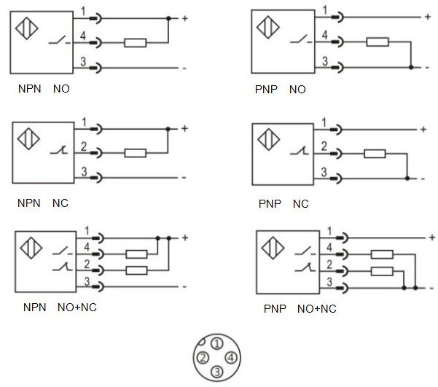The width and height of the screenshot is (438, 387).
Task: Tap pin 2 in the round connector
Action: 203,357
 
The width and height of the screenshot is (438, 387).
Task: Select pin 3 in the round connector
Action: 217,372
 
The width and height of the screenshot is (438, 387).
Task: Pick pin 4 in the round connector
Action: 230,357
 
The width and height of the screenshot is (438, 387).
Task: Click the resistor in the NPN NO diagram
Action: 135,43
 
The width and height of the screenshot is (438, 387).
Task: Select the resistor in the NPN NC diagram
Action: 135,153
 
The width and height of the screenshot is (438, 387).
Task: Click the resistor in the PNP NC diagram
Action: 374,154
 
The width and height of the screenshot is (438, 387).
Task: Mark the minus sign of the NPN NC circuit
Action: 184,177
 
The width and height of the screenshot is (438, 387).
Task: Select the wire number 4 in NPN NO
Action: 84,36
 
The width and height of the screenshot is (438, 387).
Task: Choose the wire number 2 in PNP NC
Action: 325,146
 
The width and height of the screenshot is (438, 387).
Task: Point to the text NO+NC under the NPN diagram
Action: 77,307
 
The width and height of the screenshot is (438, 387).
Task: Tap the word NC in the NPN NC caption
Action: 60,203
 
